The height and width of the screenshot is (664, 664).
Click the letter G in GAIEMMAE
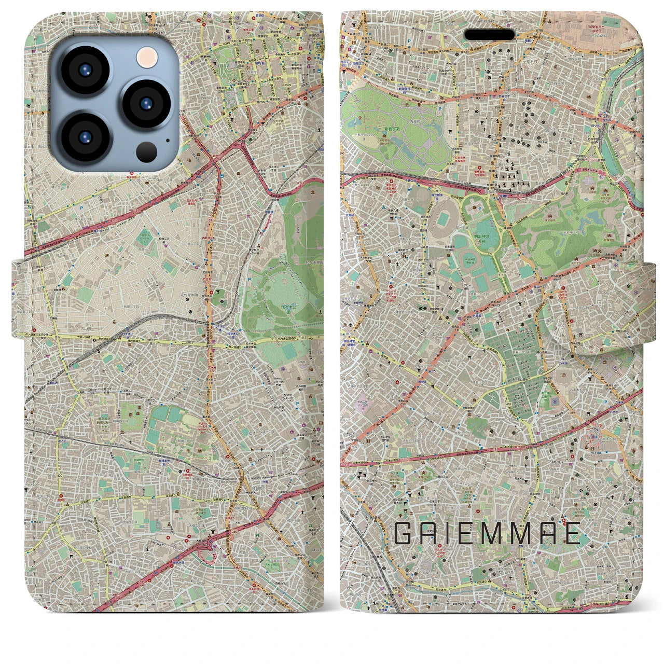(x=405, y=533)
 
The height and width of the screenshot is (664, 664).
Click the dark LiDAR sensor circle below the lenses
(x=147, y=152)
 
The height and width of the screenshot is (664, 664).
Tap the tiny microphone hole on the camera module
(x=167, y=140)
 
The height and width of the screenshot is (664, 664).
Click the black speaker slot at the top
(x=489, y=34)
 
